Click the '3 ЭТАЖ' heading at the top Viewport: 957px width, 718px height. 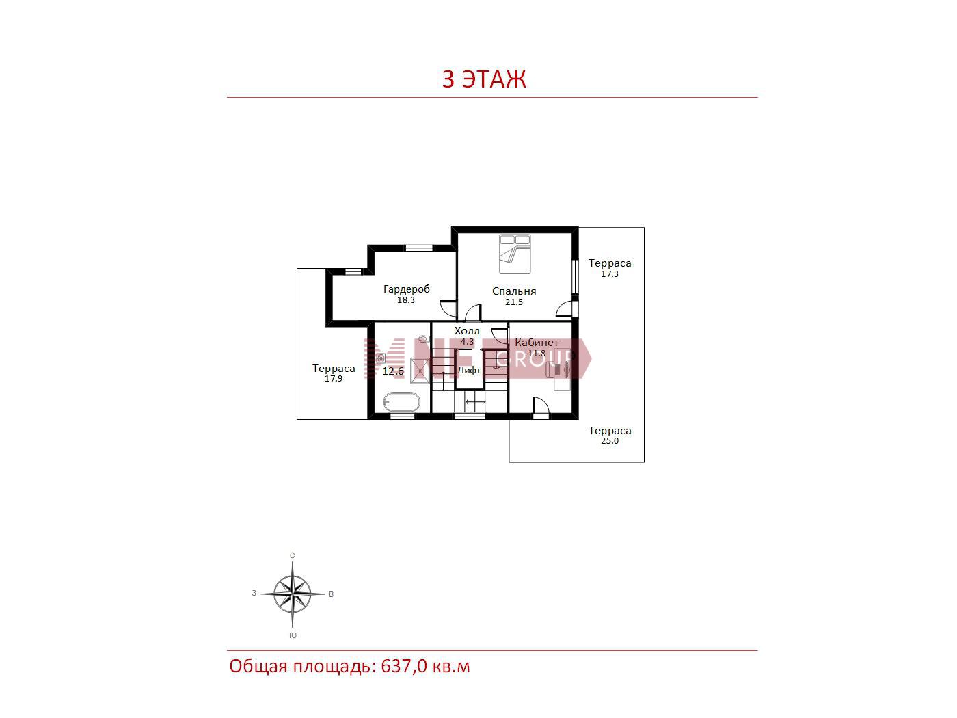pyautogui.click(x=483, y=79)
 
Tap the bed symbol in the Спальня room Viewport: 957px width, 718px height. pyautogui.click(x=515, y=254)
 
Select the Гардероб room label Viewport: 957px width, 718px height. pyautogui.click(x=406, y=289)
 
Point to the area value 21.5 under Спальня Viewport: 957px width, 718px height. pyautogui.click(x=513, y=302)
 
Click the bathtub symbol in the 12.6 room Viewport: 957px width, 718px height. pyautogui.click(x=401, y=401)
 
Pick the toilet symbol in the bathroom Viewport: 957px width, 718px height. pyautogui.click(x=424, y=338)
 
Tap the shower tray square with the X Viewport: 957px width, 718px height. pyautogui.click(x=420, y=371)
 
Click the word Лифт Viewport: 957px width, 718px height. pyautogui.click(x=469, y=370)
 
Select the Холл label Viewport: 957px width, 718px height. pyautogui.click(x=467, y=331)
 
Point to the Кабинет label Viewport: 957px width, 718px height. pyautogui.click(x=537, y=342)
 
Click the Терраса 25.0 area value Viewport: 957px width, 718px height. pyautogui.click(x=610, y=441)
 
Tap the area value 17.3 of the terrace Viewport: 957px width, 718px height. pyautogui.click(x=610, y=274)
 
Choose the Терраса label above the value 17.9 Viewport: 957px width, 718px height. pyautogui.click(x=334, y=369)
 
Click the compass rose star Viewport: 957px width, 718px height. pyautogui.click(x=293, y=594)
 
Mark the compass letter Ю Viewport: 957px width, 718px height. pyautogui.click(x=293, y=635)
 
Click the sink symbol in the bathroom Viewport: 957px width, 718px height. pyautogui.click(x=381, y=358)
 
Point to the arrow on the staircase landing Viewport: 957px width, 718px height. pyautogui.click(x=475, y=401)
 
